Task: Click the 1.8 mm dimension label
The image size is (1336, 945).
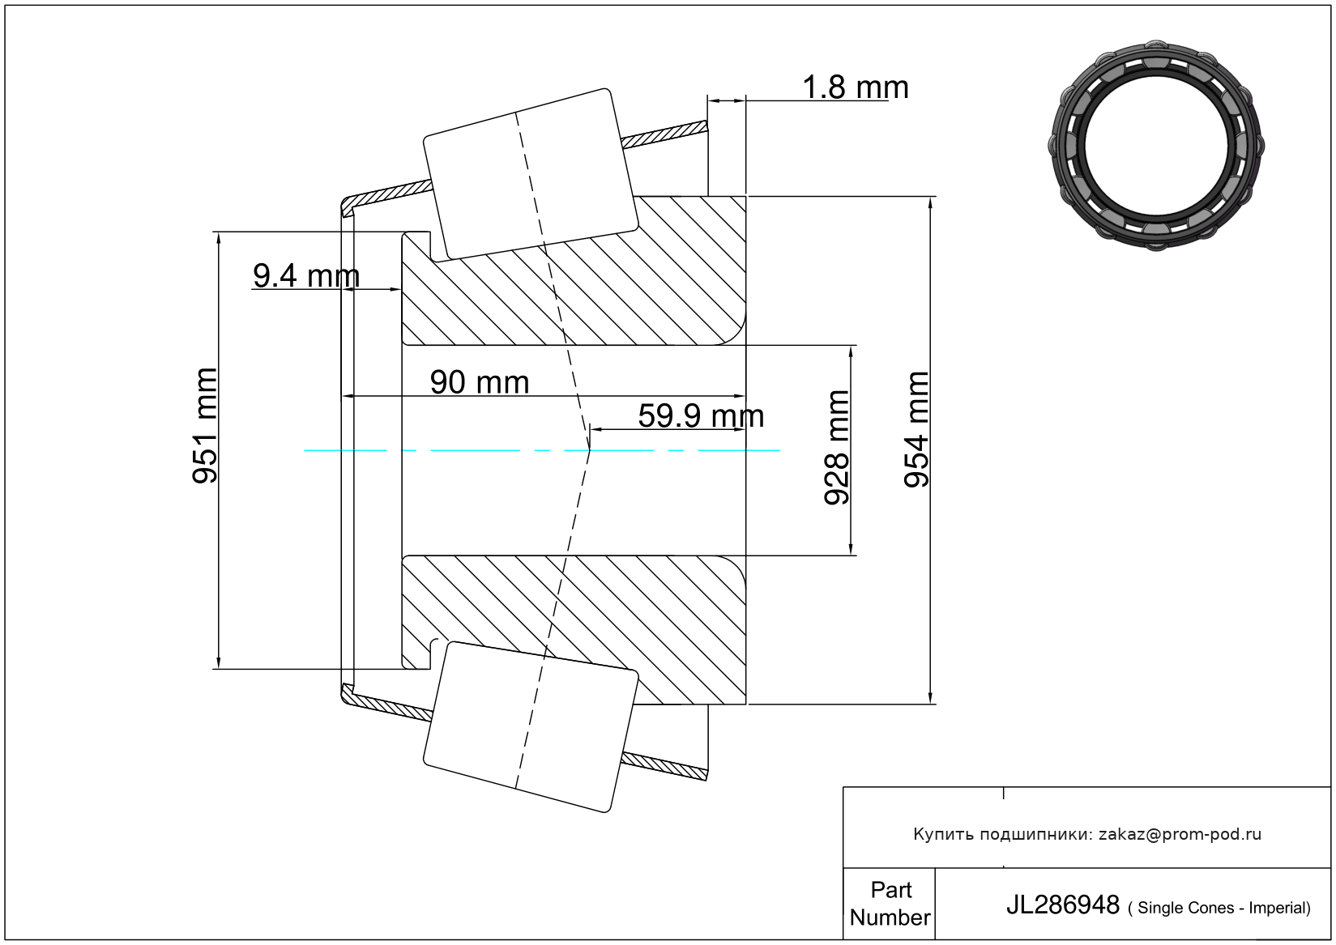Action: click(x=856, y=87)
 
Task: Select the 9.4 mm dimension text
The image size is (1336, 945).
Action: click(x=306, y=275)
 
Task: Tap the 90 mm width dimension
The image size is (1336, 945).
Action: click(x=480, y=382)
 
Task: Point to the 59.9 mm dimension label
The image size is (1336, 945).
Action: click(x=701, y=415)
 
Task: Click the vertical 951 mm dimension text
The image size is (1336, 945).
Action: click(x=205, y=425)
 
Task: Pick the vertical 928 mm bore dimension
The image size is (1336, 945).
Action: click(x=836, y=448)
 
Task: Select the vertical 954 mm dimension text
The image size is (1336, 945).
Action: click(x=916, y=429)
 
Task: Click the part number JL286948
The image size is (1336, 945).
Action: click(x=1063, y=905)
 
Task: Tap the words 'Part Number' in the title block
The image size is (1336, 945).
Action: click(x=890, y=903)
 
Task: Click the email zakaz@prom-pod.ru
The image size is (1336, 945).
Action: click(x=1180, y=834)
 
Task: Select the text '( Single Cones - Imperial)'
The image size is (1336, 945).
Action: click(x=1219, y=908)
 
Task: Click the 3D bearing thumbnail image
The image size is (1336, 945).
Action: click(x=1156, y=146)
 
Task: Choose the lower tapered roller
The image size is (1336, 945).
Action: click(x=531, y=727)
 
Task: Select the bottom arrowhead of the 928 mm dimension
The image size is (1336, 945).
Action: click(x=851, y=548)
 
